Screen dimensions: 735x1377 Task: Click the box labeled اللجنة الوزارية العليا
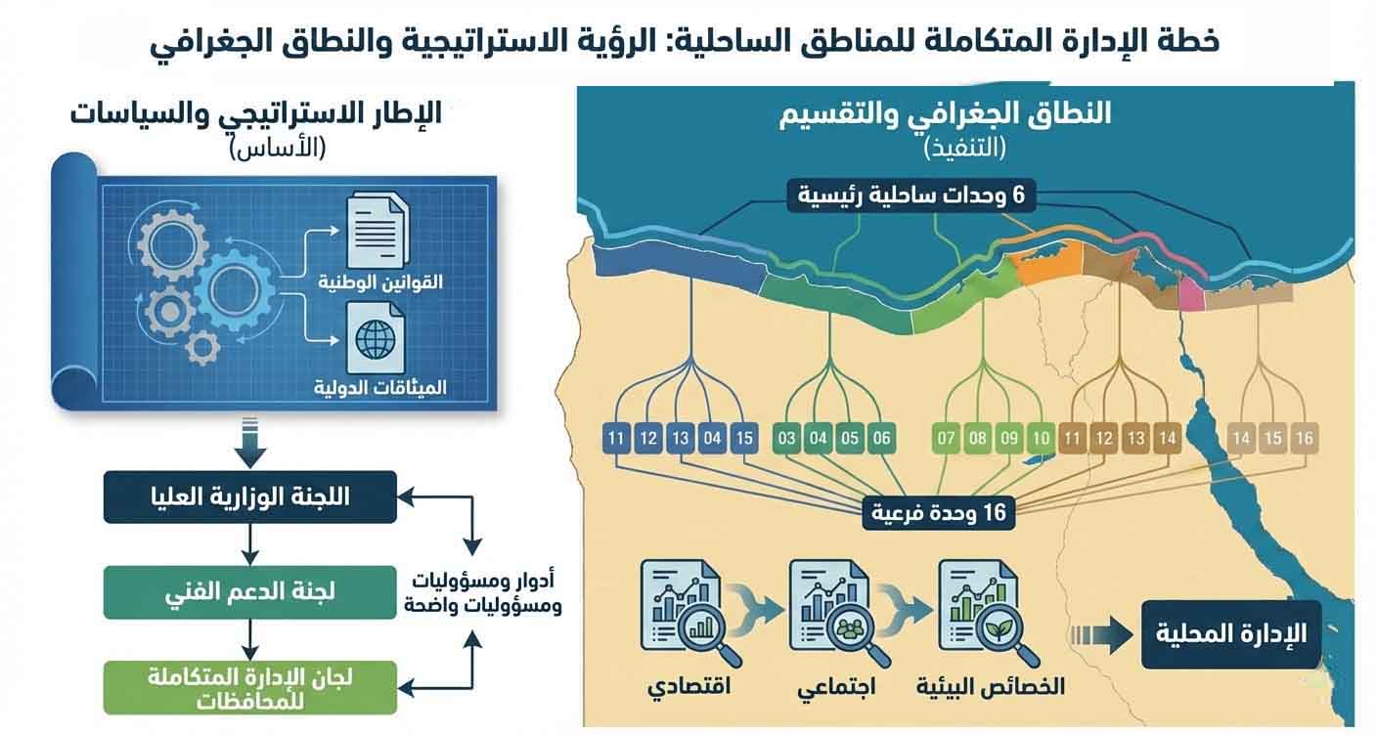tap(250, 497)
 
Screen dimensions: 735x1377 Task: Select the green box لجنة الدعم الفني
tap(250, 590)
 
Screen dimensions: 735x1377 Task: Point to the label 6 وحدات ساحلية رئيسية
tap(910, 195)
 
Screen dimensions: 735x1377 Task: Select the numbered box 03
tap(786, 438)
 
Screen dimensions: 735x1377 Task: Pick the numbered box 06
tap(881, 438)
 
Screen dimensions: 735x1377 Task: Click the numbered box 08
tap(977, 438)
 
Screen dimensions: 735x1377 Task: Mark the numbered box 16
tap(1304, 438)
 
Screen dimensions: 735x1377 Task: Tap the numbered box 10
tap(1041, 438)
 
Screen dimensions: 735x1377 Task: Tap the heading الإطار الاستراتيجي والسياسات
tap(256, 113)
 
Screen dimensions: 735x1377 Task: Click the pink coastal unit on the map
tap(1191, 291)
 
